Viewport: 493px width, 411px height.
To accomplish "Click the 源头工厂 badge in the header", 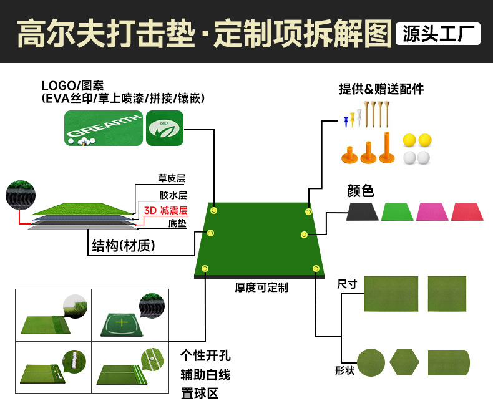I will click(x=438, y=34).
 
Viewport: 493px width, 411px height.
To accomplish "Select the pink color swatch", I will click(x=432, y=211).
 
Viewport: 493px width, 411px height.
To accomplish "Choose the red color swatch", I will click(x=467, y=211).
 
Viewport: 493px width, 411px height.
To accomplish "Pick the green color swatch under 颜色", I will click(x=398, y=211).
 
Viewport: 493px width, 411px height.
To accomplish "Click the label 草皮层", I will click(x=173, y=178).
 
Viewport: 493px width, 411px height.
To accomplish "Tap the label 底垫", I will click(x=177, y=223).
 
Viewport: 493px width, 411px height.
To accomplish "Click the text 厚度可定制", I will click(x=261, y=288).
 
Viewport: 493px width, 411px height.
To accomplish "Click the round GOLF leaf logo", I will click(x=164, y=128).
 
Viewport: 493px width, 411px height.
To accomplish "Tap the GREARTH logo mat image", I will click(x=104, y=128).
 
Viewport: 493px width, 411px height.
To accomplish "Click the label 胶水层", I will click(x=173, y=195).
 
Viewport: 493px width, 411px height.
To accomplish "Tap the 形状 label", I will click(x=344, y=371).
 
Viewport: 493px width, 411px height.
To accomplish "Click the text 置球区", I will click(x=200, y=394).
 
